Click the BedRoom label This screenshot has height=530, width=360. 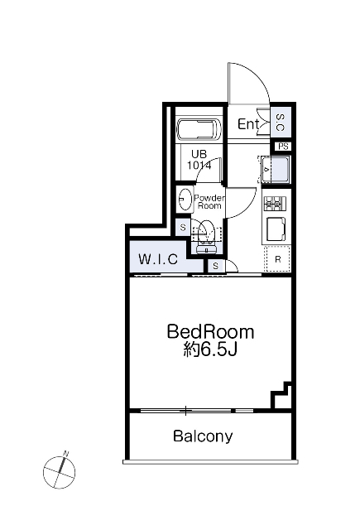pyautogui.click(x=210, y=331)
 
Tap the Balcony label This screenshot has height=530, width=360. pyautogui.click(x=203, y=436)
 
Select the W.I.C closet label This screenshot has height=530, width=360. pyautogui.click(x=158, y=259)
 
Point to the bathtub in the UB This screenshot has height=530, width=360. pyautogui.click(x=199, y=129)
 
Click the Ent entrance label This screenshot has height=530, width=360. pyautogui.click(x=248, y=124)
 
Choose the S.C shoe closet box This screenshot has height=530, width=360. pyautogui.click(x=281, y=123)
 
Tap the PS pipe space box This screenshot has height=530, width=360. pyautogui.click(x=283, y=147)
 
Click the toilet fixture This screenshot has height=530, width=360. pyautogui.click(x=206, y=236)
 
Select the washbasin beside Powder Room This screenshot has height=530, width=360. pyautogui.click(x=185, y=199)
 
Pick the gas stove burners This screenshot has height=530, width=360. pyautogui.click(x=275, y=204)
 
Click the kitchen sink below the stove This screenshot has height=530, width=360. pyautogui.click(x=276, y=229)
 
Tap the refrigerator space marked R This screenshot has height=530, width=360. pyautogui.click(x=277, y=259)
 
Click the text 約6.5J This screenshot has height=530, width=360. pyautogui.click(x=210, y=350)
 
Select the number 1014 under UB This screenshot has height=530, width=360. pyautogui.click(x=199, y=166)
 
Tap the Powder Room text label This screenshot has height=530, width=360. pyautogui.click(x=209, y=202)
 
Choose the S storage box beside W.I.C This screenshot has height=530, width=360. pyautogui.click(x=183, y=227)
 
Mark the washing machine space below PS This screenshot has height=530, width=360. pyautogui.click(x=276, y=169)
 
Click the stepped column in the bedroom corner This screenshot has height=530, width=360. pyautogui.click(x=281, y=395)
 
